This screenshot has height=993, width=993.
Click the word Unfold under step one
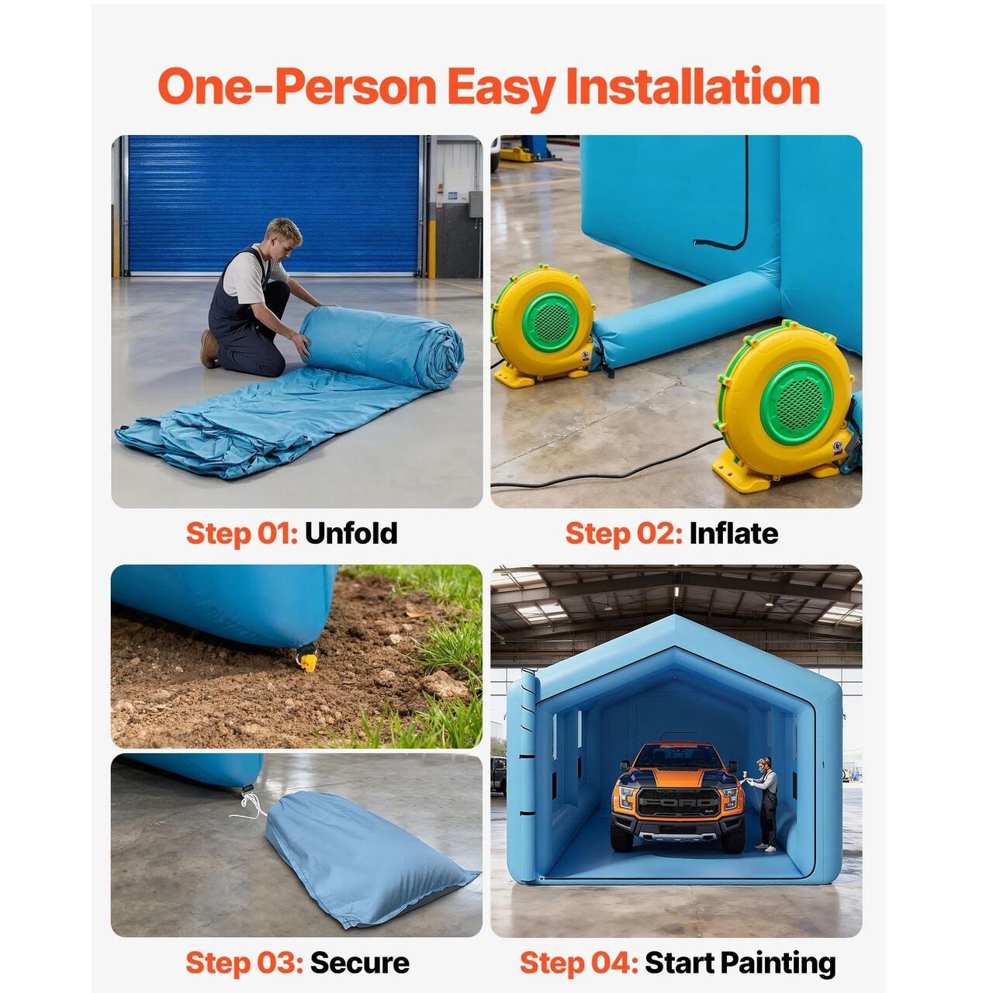pos(351,533)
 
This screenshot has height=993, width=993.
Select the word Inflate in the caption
pos(733,533)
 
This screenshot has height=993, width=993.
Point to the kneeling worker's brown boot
pos(209,349)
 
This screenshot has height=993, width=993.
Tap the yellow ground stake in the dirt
pos(308,661)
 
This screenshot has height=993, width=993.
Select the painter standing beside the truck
pos(765,804)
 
